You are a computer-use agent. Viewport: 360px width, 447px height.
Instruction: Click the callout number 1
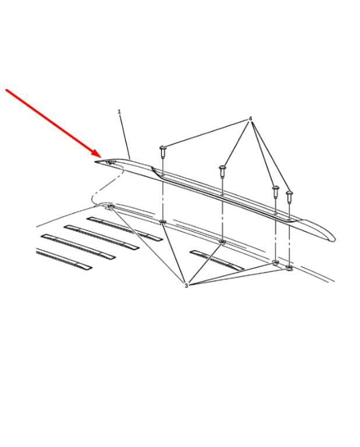pos(119,112)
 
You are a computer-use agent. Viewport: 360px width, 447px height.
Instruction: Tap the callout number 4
pos(250,119)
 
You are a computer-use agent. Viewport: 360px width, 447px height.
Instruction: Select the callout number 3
pos(186,285)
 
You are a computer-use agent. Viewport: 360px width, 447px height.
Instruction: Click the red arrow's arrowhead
pos(97,154)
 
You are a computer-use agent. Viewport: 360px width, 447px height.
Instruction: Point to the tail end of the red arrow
pos(6,90)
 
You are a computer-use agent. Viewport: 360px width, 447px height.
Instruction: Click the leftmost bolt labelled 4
pos(163,152)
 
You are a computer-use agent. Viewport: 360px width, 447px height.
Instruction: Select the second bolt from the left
pos(223,172)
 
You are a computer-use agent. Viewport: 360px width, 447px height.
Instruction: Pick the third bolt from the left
pos(276,192)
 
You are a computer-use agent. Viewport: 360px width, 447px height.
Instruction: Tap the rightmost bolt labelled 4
pos(290,197)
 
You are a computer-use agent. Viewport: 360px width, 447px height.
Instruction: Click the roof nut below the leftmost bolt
pos(163,222)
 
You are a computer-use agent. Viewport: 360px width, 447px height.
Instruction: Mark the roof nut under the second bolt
pos(222,242)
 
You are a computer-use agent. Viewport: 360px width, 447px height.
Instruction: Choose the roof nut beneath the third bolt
pos(276,262)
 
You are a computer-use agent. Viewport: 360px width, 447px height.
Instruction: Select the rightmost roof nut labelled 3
pos(289,268)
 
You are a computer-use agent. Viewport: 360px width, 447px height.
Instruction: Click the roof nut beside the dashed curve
pos(110,207)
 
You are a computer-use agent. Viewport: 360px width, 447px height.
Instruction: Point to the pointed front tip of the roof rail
pos(96,162)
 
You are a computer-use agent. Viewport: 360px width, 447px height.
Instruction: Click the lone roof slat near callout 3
pos(217,260)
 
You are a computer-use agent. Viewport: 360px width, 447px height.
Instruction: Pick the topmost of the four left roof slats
pos(125,229)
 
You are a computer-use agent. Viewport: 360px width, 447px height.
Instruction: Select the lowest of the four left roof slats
pos(64,259)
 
